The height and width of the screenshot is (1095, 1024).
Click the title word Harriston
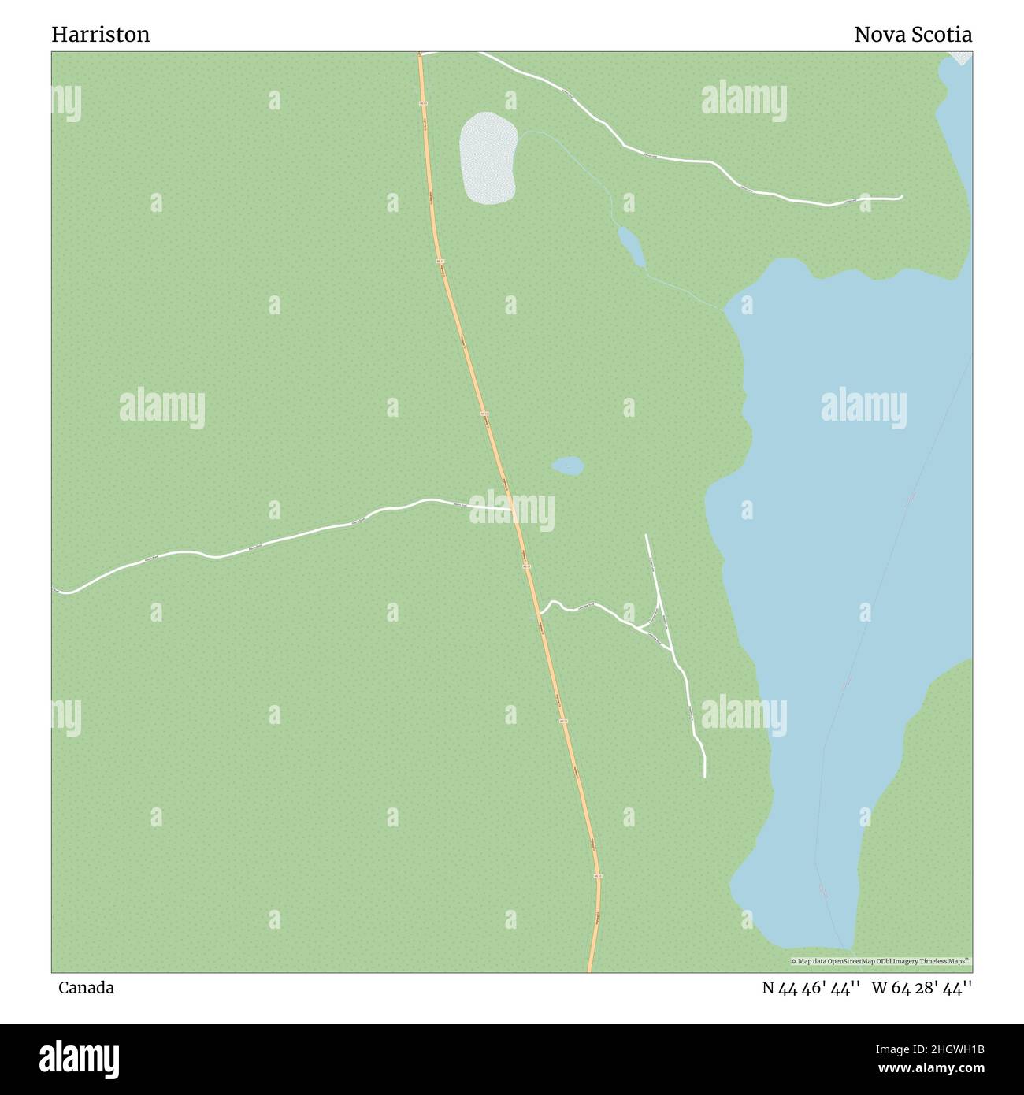(100, 35)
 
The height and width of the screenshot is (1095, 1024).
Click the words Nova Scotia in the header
(912, 35)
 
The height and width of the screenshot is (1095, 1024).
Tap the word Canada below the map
(85, 987)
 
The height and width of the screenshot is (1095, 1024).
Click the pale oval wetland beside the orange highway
(488, 158)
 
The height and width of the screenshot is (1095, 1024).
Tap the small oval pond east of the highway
(567, 466)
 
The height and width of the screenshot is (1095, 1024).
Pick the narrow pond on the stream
(631, 247)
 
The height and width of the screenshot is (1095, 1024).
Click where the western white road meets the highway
(514, 510)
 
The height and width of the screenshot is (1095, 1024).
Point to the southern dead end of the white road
(704, 776)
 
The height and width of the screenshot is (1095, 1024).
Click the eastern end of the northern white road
(902, 197)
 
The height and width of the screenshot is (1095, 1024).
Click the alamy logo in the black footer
(79, 1058)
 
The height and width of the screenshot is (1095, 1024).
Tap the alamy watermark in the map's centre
(512, 510)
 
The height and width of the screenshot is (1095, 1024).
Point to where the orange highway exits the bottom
(590, 970)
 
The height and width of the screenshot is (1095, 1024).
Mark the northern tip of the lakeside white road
(646, 536)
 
